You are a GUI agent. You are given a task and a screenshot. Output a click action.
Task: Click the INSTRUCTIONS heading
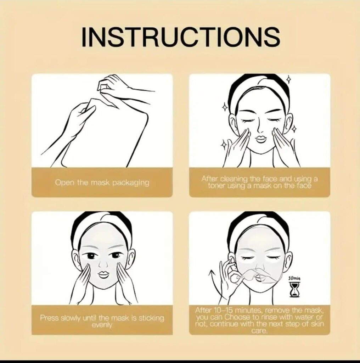pos(181,37)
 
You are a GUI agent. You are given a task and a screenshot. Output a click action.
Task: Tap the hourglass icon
pos(294,290)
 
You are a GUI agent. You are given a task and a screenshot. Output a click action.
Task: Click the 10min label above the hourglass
pos(294,278)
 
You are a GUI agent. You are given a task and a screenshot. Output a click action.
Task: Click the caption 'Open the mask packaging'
pos(102,183)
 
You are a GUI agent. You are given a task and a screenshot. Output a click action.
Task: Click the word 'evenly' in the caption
pos(102,325)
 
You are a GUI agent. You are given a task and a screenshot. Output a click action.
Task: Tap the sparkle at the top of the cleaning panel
pos(288,79)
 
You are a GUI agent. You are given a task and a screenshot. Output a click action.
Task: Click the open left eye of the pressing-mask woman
pos(91,256)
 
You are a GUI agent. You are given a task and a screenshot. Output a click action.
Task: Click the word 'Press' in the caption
pos(49,318)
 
